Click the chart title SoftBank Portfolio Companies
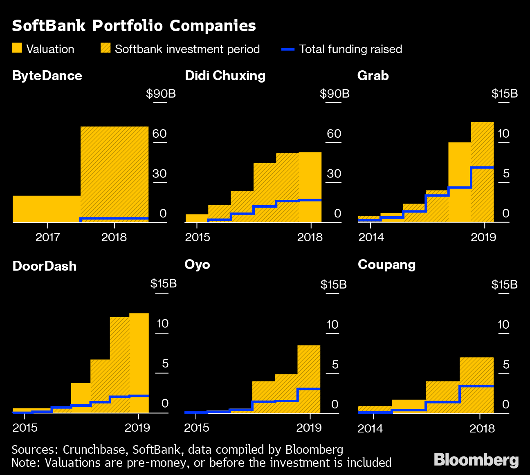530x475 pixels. click(x=134, y=26)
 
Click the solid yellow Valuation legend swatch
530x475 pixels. click(x=17, y=48)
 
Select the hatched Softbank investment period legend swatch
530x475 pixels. click(x=106, y=48)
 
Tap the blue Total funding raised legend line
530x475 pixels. click(x=288, y=49)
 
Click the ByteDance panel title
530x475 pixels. click(x=47, y=76)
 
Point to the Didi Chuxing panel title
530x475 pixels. click(x=225, y=76)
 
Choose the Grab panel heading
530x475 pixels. click(x=373, y=76)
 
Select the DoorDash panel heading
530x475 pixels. click(x=45, y=266)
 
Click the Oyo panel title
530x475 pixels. click(x=197, y=264)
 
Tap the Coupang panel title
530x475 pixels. click(x=386, y=264)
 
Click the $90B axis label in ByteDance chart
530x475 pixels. click(x=161, y=94)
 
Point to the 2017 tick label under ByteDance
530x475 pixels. click(x=48, y=237)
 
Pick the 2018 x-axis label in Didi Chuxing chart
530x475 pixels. click(x=310, y=237)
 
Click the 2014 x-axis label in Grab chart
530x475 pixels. click(x=371, y=237)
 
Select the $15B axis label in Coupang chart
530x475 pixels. click(x=504, y=285)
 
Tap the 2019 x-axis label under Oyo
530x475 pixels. click(x=309, y=428)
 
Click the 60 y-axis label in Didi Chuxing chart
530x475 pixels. click(x=334, y=134)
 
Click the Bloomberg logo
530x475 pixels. click(x=476, y=459)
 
